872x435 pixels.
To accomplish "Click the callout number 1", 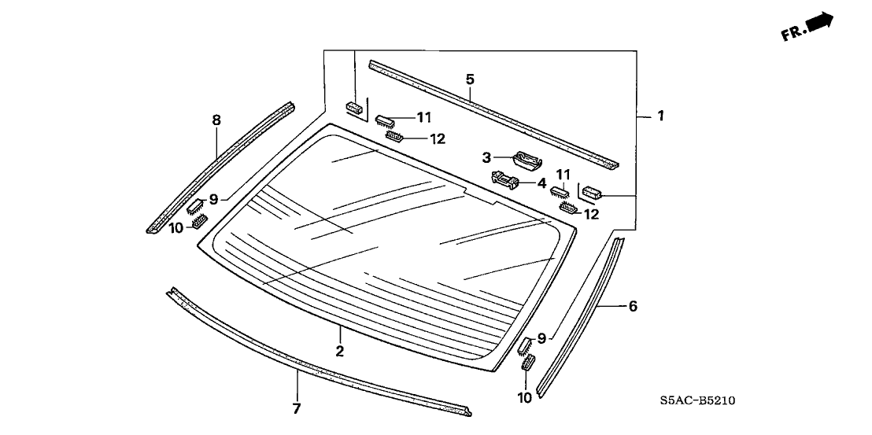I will (661, 116).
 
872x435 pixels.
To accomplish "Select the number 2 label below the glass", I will (340, 352).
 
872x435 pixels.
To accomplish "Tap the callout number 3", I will (487, 158).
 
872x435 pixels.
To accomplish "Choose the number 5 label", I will (470, 79).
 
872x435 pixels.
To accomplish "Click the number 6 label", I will (632, 306).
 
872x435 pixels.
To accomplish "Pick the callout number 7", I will (297, 408).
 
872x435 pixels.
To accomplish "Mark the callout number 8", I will (216, 120).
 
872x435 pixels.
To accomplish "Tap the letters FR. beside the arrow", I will (791, 33).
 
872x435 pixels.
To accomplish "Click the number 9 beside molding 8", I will (213, 199).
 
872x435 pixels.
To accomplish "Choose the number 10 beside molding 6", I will (525, 397).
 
